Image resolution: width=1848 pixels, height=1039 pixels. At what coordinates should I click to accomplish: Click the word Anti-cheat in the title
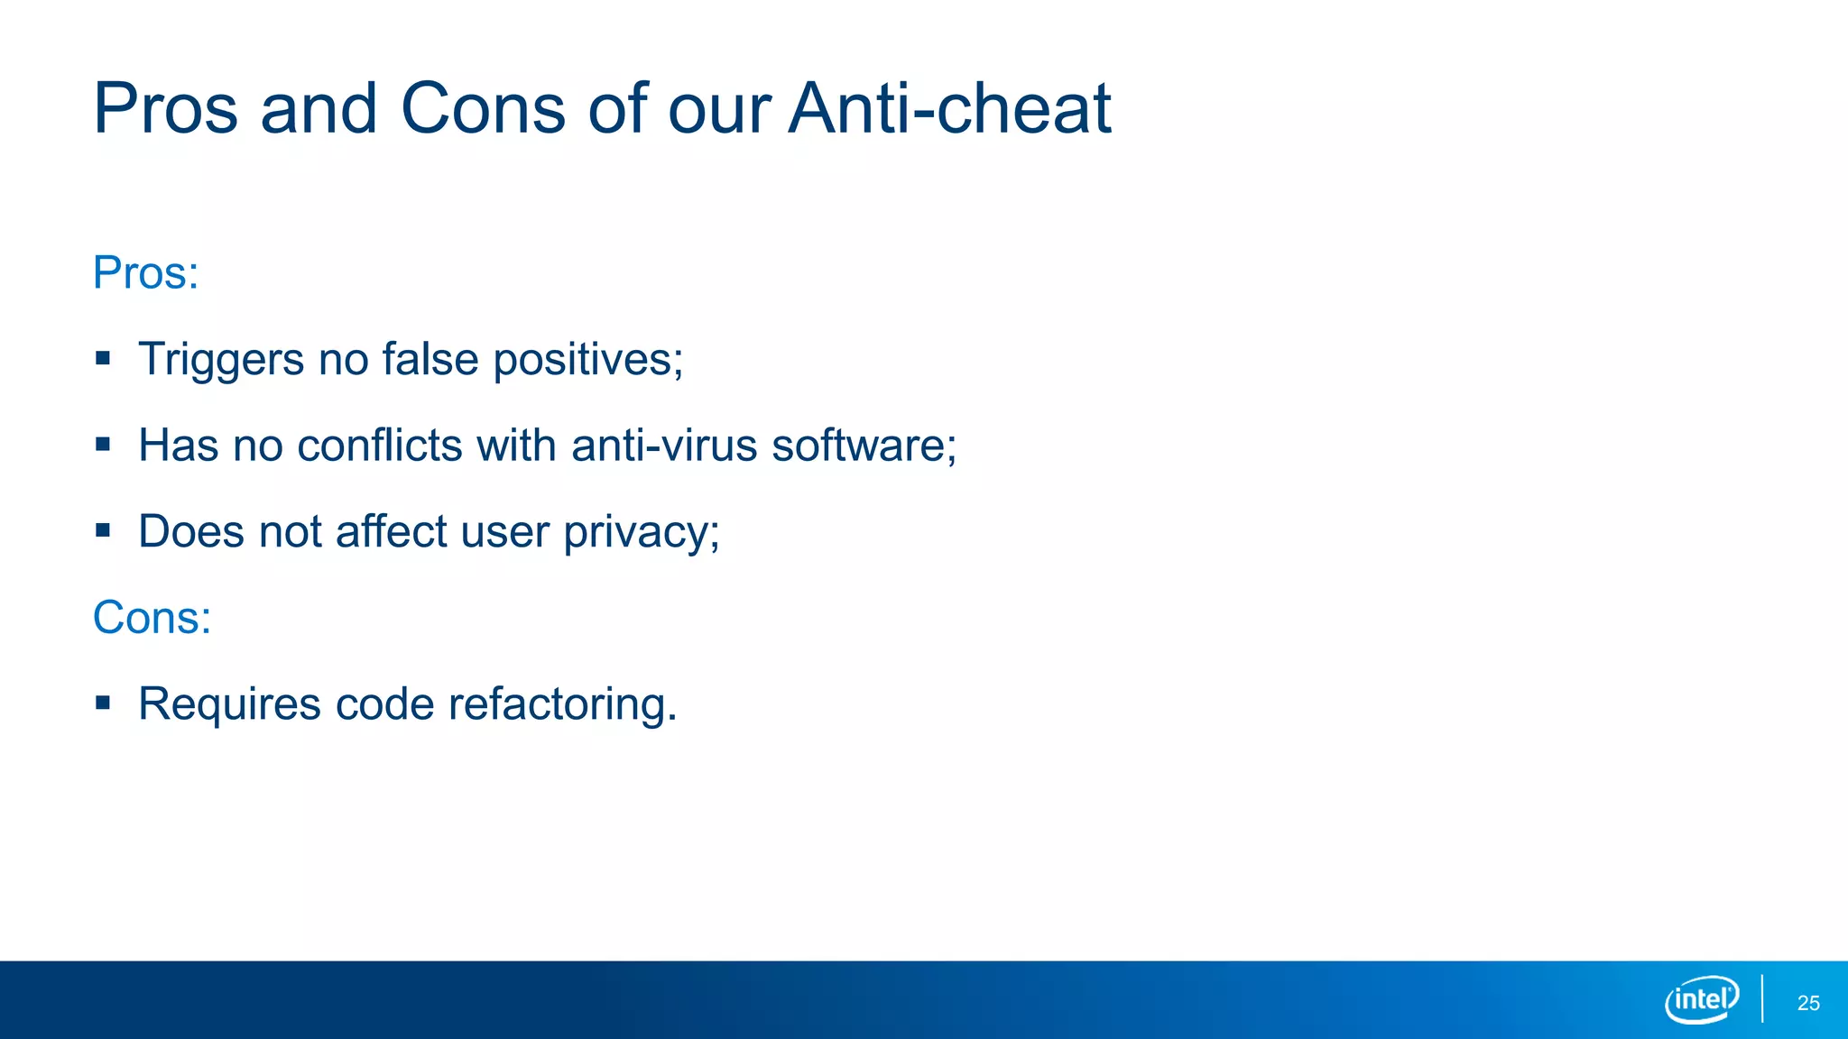click(x=949, y=109)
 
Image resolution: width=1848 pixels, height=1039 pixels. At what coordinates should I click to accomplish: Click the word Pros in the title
click(x=165, y=109)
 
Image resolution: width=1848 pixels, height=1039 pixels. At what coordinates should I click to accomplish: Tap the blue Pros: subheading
click(x=145, y=272)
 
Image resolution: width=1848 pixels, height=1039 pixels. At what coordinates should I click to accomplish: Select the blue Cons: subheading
click(x=152, y=618)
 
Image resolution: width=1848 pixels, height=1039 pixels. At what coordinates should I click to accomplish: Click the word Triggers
click(x=221, y=360)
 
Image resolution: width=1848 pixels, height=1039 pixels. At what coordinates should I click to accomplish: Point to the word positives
click(x=587, y=360)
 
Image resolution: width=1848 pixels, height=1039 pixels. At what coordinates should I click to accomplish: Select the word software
click(x=863, y=446)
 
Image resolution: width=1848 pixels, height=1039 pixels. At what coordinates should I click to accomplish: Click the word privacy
click(x=641, y=532)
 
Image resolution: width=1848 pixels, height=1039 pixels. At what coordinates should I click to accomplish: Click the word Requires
click(x=229, y=704)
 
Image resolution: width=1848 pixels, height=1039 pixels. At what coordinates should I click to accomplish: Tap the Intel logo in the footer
click(x=1702, y=999)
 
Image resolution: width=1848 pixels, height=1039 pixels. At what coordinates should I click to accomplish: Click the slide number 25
click(x=1808, y=1003)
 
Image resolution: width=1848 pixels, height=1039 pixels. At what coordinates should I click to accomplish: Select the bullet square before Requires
click(x=103, y=703)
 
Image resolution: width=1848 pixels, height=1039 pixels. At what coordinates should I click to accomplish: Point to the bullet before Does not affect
click(x=103, y=530)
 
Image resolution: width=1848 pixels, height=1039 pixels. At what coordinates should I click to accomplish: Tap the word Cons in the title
click(x=483, y=109)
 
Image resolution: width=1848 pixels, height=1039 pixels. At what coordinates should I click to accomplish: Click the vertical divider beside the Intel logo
click(x=1762, y=998)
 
